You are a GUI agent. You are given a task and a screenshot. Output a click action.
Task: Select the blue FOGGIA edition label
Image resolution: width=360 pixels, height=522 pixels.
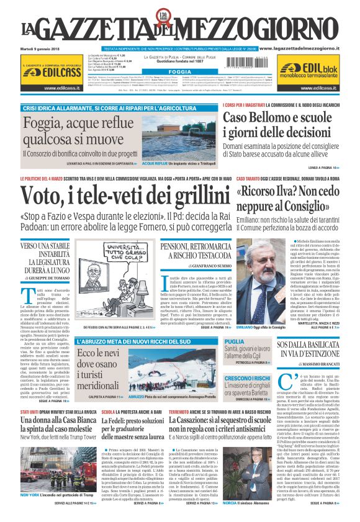pos(179,72)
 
